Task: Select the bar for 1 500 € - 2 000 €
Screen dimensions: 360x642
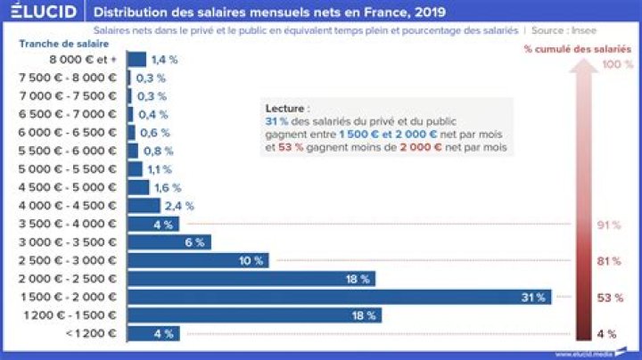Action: coord(340,297)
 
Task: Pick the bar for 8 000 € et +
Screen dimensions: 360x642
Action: coord(137,59)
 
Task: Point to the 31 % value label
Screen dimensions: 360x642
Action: coord(533,297)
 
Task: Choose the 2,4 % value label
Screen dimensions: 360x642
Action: coord(174,206)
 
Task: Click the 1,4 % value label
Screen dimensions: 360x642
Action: coord(161,59)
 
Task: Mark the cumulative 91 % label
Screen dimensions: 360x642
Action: coord(608,225)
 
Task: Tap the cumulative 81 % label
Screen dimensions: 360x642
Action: coord(608,261)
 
